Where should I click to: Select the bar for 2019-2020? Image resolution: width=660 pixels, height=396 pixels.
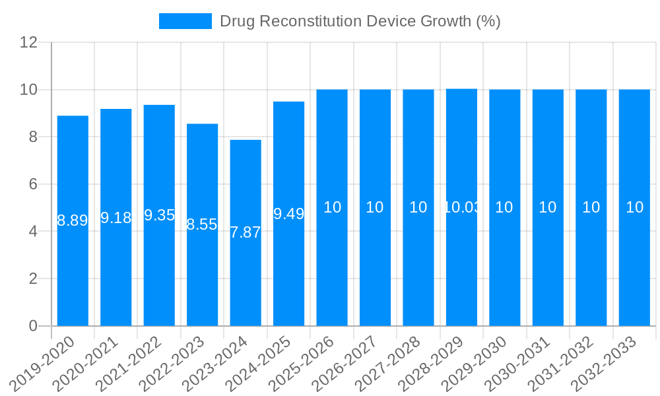coord(73,264)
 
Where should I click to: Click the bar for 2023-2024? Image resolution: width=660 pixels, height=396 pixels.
coord(246,277)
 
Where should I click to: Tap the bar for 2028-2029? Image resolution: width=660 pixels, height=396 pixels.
coord(461,264)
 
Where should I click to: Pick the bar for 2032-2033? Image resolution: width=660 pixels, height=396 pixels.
coord(634,264)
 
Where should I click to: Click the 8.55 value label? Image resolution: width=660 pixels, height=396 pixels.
coord(202,224)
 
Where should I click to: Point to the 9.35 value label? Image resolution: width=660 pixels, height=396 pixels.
coord(159,215)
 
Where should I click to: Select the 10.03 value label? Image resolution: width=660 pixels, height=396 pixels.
coord(461,207)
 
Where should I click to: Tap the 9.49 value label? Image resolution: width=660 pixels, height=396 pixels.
coord(288,214)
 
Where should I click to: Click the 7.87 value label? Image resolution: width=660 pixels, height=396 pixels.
coord(246,232)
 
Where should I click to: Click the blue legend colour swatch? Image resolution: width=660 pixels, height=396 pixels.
coord(185,21)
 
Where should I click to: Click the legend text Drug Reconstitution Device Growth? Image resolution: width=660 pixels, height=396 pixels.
coord(360,21)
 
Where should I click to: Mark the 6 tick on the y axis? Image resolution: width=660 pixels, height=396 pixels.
coord(32,184)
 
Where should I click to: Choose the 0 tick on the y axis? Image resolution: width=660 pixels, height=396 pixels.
coord(32,326)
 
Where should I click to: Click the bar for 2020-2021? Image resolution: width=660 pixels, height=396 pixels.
coord(116,264)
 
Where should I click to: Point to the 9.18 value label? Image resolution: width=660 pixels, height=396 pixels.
coord(116,218)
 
